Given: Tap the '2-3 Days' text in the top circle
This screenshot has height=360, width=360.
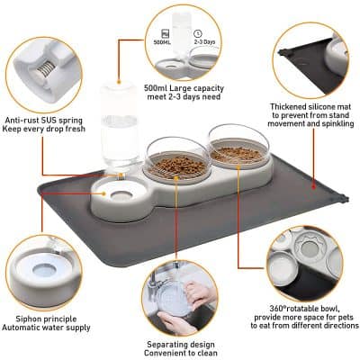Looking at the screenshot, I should (204, 40).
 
